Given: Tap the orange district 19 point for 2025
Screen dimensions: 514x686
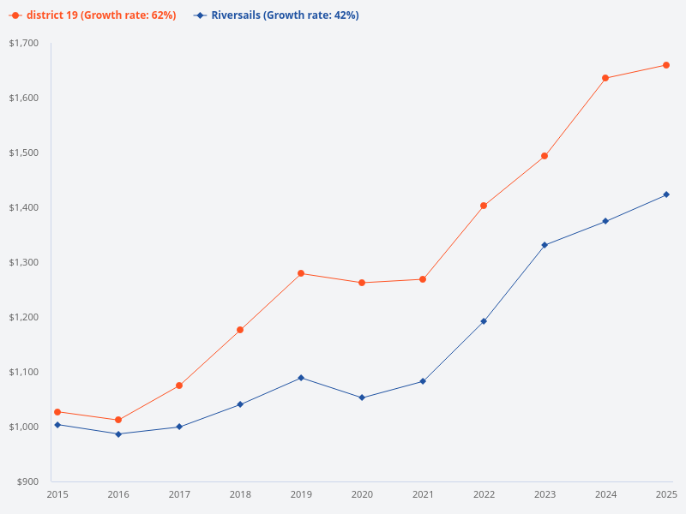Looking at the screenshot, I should click(666, 65).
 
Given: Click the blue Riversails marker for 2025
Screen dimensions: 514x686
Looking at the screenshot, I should click(666, 194).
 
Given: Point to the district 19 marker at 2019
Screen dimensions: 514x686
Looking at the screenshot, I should click(301, 273).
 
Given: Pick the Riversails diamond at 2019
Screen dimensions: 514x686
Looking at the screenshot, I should click(301, 378).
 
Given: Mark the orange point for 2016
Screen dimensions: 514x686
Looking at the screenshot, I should click(118, 420).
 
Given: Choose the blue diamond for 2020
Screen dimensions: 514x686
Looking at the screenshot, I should click(362, 397).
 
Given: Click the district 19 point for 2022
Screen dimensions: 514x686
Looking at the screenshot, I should click(484, 206).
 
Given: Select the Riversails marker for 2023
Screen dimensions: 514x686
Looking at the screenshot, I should click(545, 245).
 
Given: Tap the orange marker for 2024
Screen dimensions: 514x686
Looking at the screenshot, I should click(605, 78).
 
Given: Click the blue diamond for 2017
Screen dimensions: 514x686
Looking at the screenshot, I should click(179, 427).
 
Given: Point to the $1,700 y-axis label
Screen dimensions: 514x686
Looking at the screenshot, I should click(24, 43).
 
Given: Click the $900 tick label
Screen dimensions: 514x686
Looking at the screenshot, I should click(27, 481).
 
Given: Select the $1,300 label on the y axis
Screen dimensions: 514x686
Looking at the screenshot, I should click(24, 262).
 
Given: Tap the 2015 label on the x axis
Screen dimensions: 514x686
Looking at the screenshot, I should click(57, 494).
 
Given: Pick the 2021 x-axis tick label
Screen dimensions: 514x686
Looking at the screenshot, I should click(423, 494).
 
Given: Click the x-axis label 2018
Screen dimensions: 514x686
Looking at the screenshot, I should click(240, 494).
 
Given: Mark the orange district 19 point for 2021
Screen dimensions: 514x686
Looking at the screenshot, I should click(423, 279).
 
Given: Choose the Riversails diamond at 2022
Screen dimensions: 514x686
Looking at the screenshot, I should click(484, 321).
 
